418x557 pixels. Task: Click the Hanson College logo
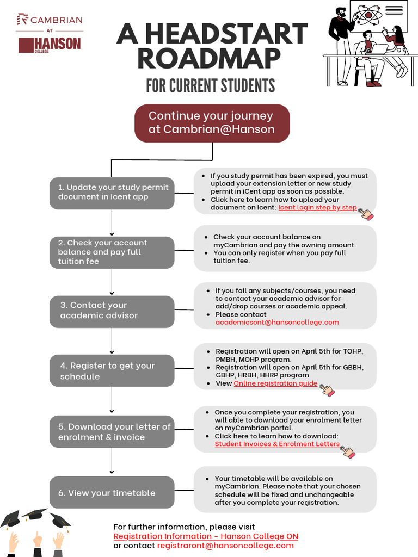tap(50, 45)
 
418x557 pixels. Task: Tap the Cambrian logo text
tap(50, 20)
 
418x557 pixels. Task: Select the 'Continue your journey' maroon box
tap(212, 123)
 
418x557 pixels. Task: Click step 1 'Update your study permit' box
tap(112, 193)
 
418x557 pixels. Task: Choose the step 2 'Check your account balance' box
tap(112, 252)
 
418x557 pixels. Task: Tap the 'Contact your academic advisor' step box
tap(112, 311)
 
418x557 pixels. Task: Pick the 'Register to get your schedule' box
tap(112, 371)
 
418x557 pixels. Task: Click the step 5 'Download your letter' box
tap(112, 432)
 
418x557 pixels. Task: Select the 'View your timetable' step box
tap(112, 493)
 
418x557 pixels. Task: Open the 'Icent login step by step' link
tap(317, 207)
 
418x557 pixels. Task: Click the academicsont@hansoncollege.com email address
tap(277, 322)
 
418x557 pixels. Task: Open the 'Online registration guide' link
tap(275, 383)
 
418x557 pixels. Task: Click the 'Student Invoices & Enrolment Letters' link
tap(277, 444)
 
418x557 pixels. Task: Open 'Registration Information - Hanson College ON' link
tap(206, 536)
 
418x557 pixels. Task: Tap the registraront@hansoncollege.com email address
tap(225, 546)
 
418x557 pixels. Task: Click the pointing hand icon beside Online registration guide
tap(327, 389)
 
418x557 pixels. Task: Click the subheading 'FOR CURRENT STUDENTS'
tap(210, 86)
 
